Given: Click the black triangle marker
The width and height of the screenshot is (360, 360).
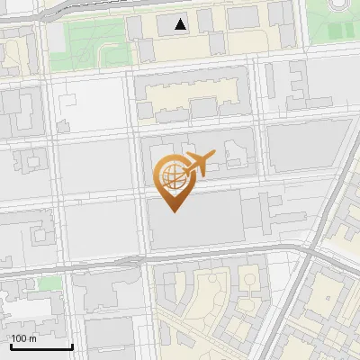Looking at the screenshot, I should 181,24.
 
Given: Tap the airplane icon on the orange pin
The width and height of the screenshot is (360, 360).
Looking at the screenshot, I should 201,163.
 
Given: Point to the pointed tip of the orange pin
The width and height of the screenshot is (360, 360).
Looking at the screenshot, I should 175,212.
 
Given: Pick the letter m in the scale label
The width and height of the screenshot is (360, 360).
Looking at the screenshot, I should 32,338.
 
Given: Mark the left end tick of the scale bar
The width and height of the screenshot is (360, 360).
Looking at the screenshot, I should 10,345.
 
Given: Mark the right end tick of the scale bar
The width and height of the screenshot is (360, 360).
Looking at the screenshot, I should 72,345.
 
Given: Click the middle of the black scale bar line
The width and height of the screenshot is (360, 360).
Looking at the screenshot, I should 40,346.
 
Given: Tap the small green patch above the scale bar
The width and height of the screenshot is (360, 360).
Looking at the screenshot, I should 50,283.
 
